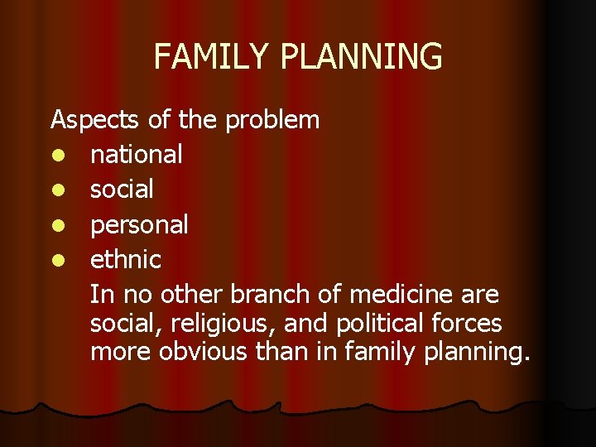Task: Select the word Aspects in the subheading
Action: [96, 120]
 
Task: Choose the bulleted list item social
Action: [122, 190]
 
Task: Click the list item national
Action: [137, 154]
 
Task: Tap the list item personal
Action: [139, 225]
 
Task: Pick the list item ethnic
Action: [125, 260]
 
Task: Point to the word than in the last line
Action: [281, 352]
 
